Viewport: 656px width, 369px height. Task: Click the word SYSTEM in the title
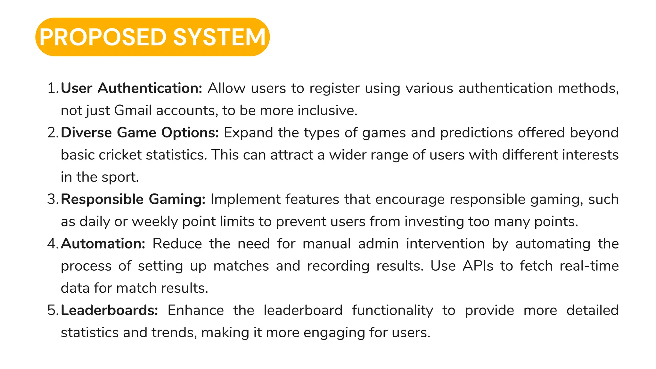pos(219,37)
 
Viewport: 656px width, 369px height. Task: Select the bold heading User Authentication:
pos(131,88)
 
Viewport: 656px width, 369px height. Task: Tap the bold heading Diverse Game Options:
pos(140,133)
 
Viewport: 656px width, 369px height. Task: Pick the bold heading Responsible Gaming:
pos(133,199)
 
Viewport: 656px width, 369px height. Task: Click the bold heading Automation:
pos(103,244)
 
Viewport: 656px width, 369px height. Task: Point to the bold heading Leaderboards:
pos(110,310)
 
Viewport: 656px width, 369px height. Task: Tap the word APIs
pos(478,266)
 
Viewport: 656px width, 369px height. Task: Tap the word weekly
pos(155,222)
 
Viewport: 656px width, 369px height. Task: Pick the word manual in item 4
pos(326,244)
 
